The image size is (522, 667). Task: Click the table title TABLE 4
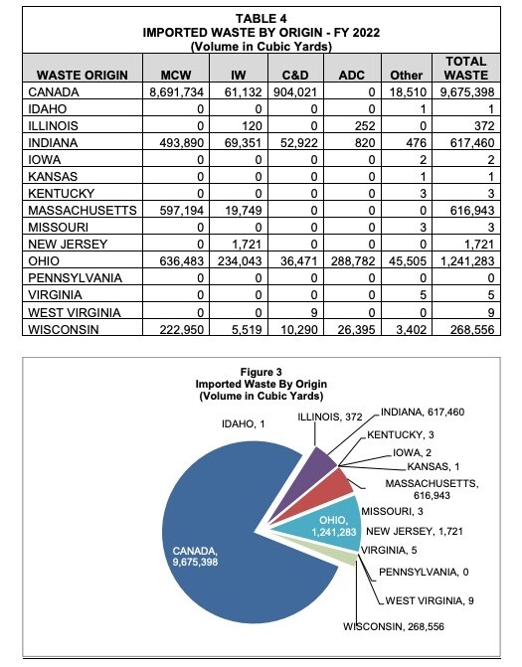point(261,18)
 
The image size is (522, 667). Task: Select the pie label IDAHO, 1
point(243,424)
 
